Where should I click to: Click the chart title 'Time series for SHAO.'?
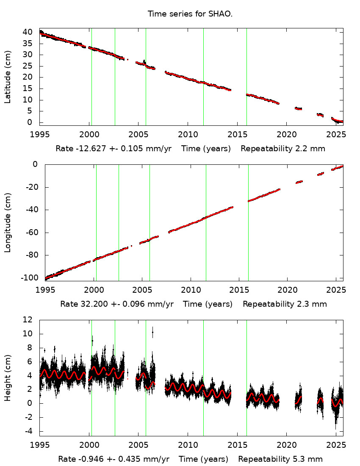point(190,14)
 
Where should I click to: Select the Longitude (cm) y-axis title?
point(8,222)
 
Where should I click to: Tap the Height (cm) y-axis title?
point(8,378)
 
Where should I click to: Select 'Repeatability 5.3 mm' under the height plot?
point(280,459)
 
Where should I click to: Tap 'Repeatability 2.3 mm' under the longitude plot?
point(285,304)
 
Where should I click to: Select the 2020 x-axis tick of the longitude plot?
point(288,290)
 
